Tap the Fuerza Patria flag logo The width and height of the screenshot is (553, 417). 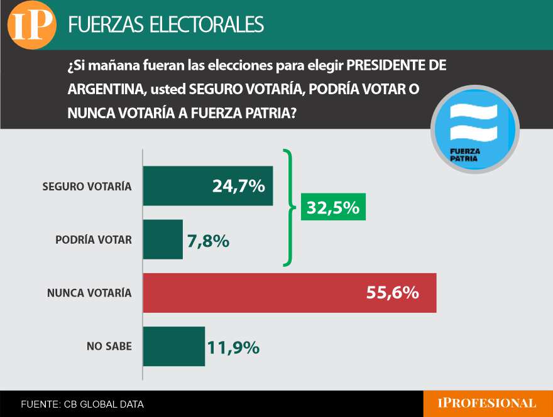click(475, 133)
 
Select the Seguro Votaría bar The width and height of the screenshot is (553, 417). click(208, 186)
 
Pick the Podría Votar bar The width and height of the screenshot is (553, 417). click(163, 239)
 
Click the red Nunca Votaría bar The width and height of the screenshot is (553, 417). click(290, 293)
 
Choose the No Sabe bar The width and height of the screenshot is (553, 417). click(174, 346)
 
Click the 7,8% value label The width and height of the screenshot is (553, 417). click(208, 241)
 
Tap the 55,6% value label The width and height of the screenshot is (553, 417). click(391, 293)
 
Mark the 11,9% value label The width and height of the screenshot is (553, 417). click(233, 347)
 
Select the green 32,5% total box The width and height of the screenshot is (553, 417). click(333, 207)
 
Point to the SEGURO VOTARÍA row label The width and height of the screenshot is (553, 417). click(87, 187)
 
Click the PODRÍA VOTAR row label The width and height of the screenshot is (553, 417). click(94, 240)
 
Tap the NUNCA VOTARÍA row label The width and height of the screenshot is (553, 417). click(90, 293)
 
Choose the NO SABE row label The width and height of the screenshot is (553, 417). click(109, 346)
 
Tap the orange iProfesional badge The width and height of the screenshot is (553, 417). click(488, 403)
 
